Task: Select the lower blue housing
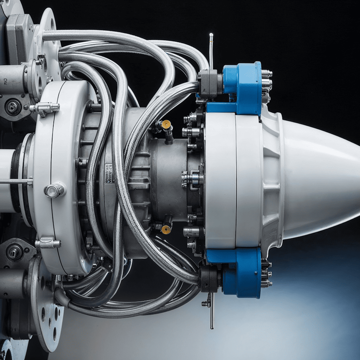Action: (x=243, y=272)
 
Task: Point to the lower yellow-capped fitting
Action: (x=165, y=229)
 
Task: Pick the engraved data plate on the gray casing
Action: (x=109, y=173)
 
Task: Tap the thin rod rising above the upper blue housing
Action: (x=211, y=48)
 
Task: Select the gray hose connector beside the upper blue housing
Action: (x=208, y=84)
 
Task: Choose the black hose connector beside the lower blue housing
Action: (x=208, y=278)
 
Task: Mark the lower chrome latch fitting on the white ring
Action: (x=48, y=244)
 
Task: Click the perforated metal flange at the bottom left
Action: (x=48, y=313)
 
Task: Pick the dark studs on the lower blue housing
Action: (x=266, y=274)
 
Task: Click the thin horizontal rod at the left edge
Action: (x=16, y=182)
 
